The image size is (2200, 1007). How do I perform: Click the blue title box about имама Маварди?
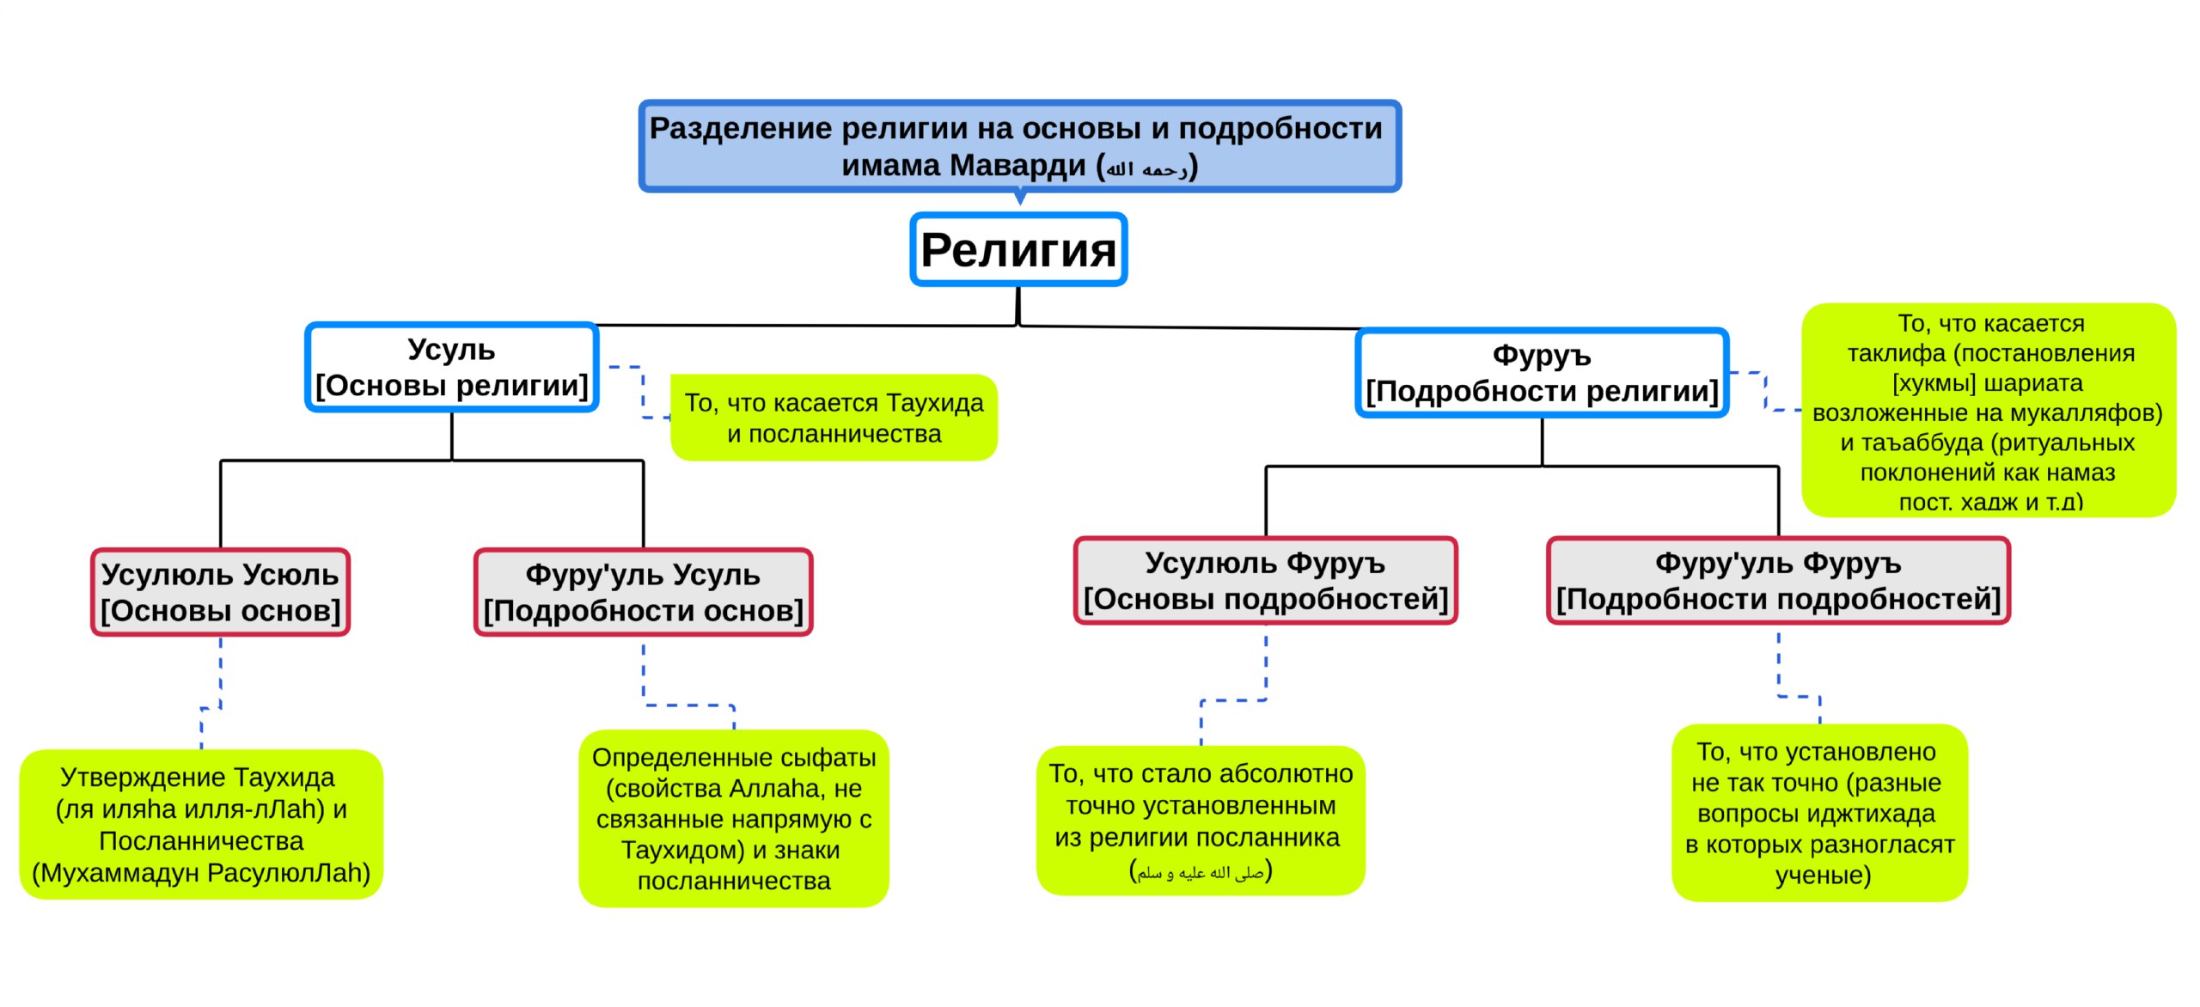point(1020,146)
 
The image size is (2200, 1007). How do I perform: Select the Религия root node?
point(1018,249)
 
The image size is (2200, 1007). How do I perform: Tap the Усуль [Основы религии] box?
point(452,368)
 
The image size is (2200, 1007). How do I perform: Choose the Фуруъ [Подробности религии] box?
point(1543,373)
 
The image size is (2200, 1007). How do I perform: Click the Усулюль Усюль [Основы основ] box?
point(221,592)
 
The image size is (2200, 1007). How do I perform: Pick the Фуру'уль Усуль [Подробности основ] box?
point(644,592)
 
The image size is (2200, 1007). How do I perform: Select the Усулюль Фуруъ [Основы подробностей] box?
point(1266,581)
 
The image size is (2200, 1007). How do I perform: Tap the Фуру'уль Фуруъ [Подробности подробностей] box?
point(1779,581)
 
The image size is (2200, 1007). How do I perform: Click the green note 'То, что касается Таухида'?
point(834,418)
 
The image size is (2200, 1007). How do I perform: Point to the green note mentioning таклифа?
point(1989,411)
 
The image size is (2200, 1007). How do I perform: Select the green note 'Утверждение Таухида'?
point(201,825)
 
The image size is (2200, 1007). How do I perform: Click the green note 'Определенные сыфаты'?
point(734,819)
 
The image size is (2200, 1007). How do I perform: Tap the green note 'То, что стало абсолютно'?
point(1201,821)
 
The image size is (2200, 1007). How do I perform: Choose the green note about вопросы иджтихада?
point(1819,813)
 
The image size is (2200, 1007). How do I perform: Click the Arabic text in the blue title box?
point(1146,168)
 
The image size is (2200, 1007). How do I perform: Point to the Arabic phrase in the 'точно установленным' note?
point(1201,873)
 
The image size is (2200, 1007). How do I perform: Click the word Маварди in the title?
point(1018,165)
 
